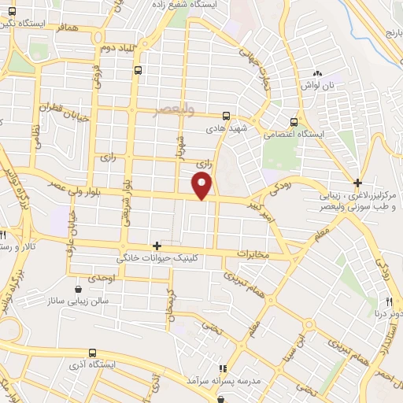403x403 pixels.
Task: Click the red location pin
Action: pos(202,186)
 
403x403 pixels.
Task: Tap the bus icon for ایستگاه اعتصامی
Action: pos(294,122)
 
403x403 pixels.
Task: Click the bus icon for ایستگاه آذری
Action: pos(93,353)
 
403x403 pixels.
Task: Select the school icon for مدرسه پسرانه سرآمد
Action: pos(222,368)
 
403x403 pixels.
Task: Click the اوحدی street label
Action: pos(104,279)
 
